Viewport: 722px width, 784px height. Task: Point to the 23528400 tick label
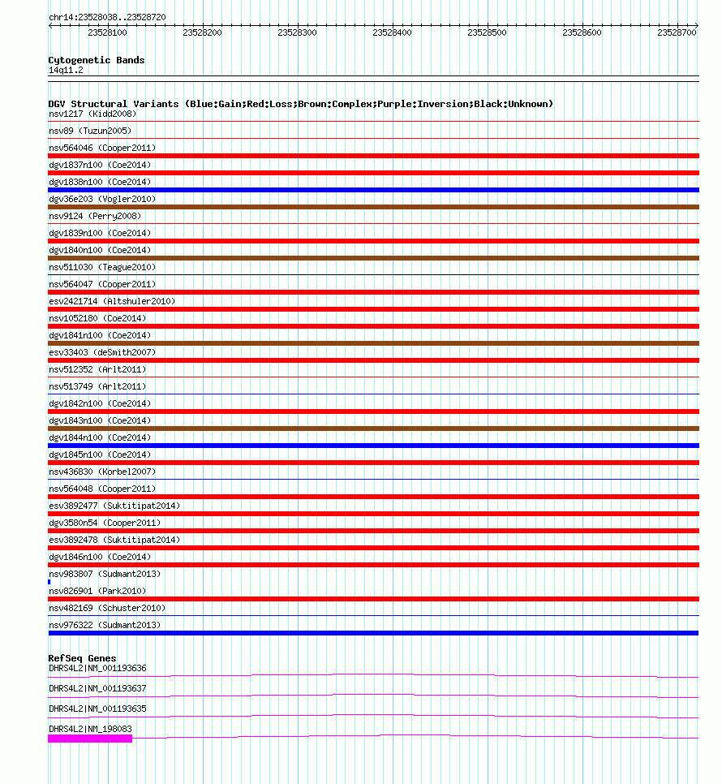pyautogui.click(x=392, y=33)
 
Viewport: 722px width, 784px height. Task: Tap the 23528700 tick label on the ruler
pyautogui.click(x=677, y=33)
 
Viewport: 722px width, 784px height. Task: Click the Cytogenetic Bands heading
pyautogui.click(x=96, y=60)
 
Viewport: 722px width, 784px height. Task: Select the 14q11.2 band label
pyautogui.click(x=66, y=70)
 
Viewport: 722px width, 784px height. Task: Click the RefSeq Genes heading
pyautogui.click(x=82, y=658)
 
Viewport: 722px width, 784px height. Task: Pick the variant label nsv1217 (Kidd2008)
pyautogui.click(x=92, y=114)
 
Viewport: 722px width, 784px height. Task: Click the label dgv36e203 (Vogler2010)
pyautogui.click(x=102, y=199)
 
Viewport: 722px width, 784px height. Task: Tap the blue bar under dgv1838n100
pyautogui.click(x=373, y=190)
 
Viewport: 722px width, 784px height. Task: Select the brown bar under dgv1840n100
pyautogui.click(x=373, y=258)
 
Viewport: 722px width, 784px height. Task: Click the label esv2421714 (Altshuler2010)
pyautogui.click(x=112, y=301)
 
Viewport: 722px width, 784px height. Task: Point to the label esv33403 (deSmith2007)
pyautogui.click(x=102, y=352)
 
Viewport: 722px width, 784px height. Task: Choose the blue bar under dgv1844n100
pyautogui.click(x=373, y=446)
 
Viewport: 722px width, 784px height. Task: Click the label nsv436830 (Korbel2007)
pyautogui.click(x=102, y=472)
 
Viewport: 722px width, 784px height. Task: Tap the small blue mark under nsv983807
pyautogui.click(x=49, y=582)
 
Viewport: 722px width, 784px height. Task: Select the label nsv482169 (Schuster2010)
pyautogui.click(x=107, y=608)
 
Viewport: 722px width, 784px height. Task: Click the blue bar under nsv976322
pyautogui.click(x=373, y=633)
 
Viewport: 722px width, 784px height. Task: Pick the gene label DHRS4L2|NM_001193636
pyautogui.click(x=97, y=668)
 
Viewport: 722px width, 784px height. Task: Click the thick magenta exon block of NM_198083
pyautogui.click(x=90, y=739)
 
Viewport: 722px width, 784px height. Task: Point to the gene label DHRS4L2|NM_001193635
pyautogui.click(x=97, y=709)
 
